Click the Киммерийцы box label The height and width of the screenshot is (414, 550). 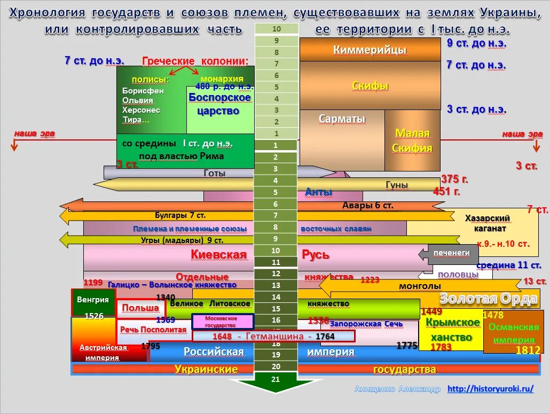tap(370, 50)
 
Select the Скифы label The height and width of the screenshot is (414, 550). tap(370, 85)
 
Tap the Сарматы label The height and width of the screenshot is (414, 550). tap(342, 119)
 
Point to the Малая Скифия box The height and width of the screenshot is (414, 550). tap(412, 140)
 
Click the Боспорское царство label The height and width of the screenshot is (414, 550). tap(219, 104)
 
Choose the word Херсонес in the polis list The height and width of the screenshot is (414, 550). tap(141, 110)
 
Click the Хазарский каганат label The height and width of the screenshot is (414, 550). tap(487, 223)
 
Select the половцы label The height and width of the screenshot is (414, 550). tap(458, 274)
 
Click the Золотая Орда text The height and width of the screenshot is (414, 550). tap(488, 299)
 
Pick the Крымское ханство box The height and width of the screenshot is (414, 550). tap(452, 330)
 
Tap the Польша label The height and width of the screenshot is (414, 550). tap(140, 308)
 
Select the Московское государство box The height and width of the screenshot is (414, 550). tap(222, 321)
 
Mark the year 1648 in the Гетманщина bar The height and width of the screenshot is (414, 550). tap(222, 337)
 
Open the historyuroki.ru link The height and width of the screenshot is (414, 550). tap(490, 389)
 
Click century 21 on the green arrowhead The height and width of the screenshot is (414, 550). tap(276, 380)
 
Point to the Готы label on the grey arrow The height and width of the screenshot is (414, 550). tap(215, 173)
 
